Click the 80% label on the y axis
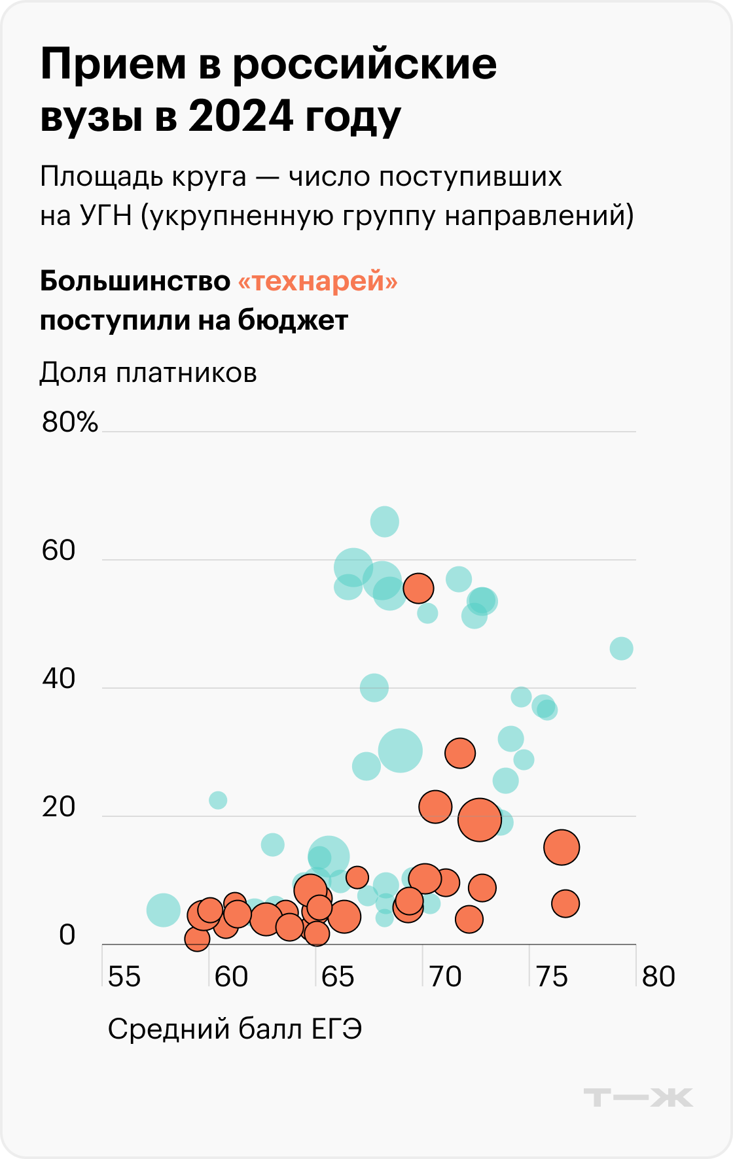(70, 423)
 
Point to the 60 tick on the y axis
(59, 551)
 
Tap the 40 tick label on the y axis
(59, 679)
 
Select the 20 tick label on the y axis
(59, 807)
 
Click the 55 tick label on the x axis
(124, 977)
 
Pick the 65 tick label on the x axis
(338, 977)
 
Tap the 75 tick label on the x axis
(552, 977)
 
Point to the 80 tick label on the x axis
(658, 977)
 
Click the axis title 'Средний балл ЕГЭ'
(234, 1029)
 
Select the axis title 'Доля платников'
(148, 373)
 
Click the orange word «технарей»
(317, 281)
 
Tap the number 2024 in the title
(240, 116)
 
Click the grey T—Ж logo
(638, 1097)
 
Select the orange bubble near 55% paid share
(418, 588)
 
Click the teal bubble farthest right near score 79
(621, 649)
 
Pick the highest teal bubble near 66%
(385, 522)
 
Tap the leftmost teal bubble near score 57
(164, 910)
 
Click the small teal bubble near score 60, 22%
(218, 800)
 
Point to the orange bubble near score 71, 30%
(460, 753)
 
